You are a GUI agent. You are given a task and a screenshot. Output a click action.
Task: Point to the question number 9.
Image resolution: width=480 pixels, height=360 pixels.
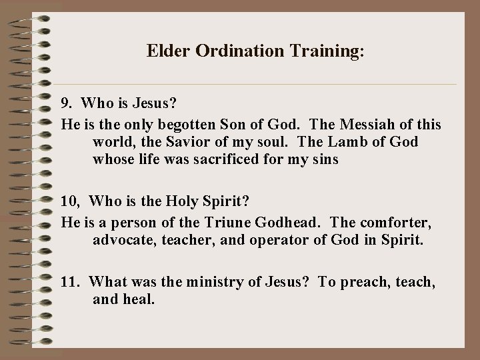coord(67,105)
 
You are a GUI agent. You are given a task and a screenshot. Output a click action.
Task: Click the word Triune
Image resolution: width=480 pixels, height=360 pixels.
coord(236,220)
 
